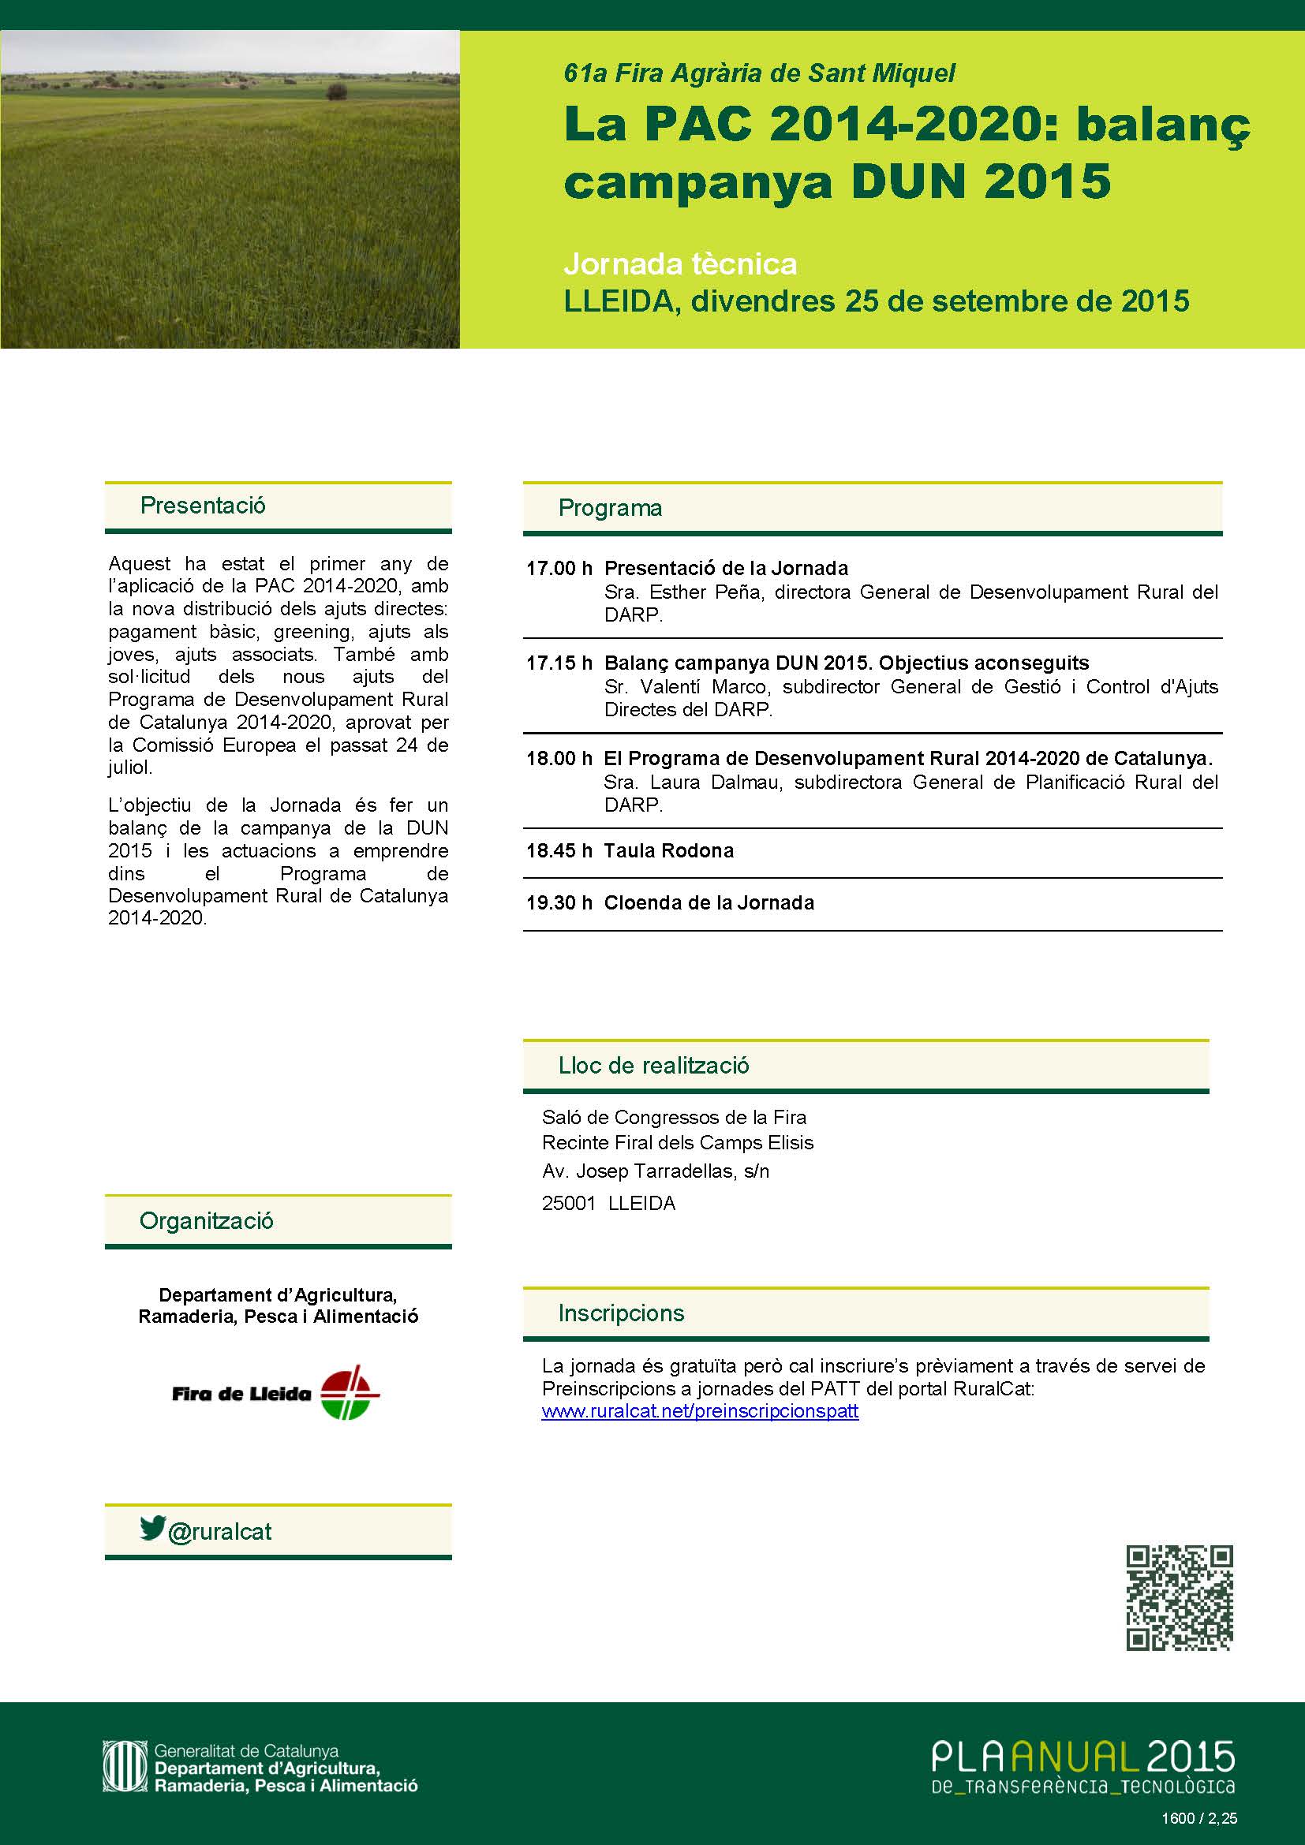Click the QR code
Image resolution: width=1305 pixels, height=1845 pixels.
1179,1608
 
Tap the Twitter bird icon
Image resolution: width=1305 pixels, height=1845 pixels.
151,1527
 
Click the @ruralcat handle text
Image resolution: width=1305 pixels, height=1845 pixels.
219,1532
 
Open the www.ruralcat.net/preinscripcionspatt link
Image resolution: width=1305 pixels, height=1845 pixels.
700,1411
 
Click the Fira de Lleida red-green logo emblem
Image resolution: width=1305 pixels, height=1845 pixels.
350,1392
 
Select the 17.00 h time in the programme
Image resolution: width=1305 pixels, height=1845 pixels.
559,569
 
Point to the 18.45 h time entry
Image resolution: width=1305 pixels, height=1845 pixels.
559,851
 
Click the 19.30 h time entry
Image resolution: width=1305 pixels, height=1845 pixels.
559,903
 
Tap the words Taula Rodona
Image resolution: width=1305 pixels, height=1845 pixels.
668,851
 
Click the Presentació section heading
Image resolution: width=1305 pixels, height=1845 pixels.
203,506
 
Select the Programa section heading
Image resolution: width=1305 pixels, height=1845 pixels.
610,508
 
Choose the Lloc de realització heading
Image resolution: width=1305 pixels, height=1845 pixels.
653,1066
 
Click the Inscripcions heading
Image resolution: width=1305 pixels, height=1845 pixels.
621,1313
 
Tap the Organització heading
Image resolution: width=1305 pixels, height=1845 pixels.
207,1220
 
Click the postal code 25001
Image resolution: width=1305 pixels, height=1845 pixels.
569,1203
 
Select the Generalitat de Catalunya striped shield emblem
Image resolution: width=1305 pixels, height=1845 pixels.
125,1766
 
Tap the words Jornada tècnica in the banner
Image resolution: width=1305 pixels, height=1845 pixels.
680,263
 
